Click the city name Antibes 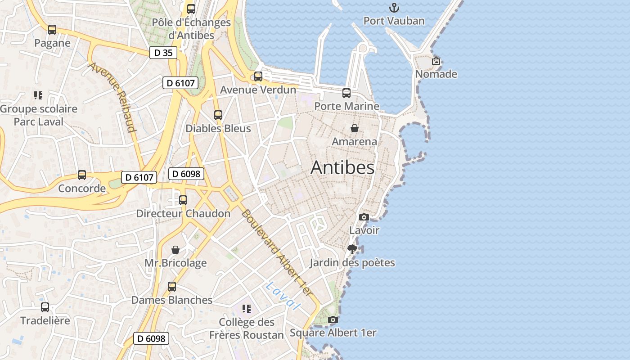point(342,167)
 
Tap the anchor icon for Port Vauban point(394,8)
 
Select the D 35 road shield point(163,53)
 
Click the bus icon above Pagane point(52,30)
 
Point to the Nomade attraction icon point(436,61)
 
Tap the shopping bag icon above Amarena point(355,128)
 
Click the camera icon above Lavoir point(364,217)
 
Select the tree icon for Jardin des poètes point(352,249)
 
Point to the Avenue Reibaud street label point(112,97)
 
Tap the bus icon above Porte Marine point(346,93)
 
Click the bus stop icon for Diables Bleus point(218,115)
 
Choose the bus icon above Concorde point(82,175)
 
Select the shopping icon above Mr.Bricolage point(175,249)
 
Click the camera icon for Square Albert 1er point(333,319)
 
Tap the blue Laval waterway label point(283,296)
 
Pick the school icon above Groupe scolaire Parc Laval point(38,95)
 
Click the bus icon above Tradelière point(45,307)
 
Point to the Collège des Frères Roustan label point(247,328)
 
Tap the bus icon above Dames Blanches point(172,287)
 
